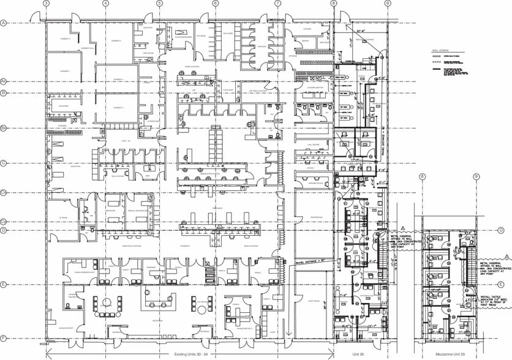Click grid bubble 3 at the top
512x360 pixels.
(x=46, y=3)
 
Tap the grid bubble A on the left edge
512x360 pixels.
(x=3, y=23)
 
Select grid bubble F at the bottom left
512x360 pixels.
(x=3, y=339)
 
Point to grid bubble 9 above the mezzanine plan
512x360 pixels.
(x=476, y=176)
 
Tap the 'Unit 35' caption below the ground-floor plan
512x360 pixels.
(x=360, y=354)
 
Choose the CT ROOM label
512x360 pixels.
(x=61, y=218)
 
